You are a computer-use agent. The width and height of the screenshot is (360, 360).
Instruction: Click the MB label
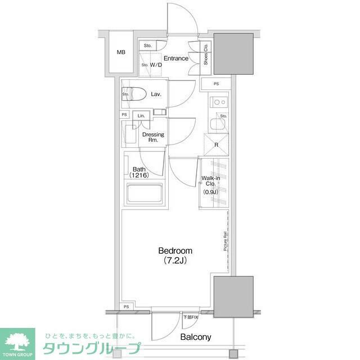121,53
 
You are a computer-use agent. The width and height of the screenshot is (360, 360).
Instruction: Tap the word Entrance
176,58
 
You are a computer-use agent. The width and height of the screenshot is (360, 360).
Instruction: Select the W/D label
156,65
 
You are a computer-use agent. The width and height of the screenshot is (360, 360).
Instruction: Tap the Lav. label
156,94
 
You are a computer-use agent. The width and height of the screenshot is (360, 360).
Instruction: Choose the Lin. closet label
142,116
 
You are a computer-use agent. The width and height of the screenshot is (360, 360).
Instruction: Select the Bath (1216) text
138,172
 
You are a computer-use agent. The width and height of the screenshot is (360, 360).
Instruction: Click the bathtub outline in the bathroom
143,195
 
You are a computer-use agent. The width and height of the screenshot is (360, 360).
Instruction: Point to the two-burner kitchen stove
218,103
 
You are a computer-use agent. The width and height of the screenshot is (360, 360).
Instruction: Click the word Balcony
195,337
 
